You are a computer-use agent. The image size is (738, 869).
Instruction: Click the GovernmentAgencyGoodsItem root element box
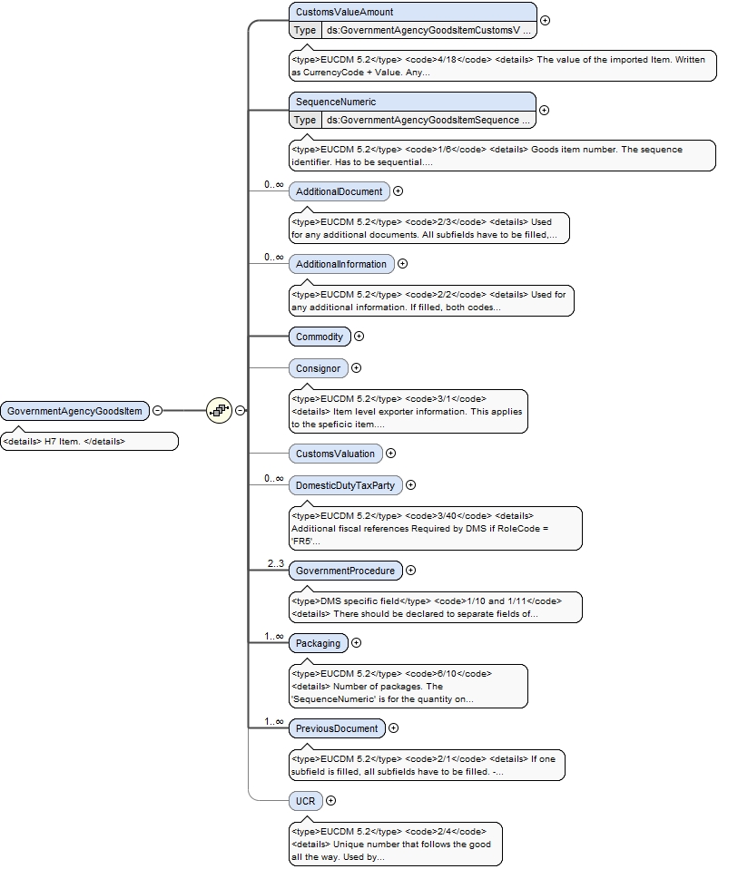click(74, 411)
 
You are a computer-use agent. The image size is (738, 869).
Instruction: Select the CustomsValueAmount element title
click(344, 12)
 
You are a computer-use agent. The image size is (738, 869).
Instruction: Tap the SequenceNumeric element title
click(336, 102)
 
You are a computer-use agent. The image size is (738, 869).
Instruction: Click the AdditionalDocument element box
click(339, 191)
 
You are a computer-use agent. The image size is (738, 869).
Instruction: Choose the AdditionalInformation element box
click(341, 264)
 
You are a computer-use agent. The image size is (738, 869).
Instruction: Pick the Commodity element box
click(320, 337)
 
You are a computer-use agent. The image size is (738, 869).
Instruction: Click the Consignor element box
click(319, 368)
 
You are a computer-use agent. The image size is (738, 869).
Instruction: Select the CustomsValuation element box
click(336, 454)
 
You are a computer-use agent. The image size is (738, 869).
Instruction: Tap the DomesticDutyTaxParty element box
click(346, 485)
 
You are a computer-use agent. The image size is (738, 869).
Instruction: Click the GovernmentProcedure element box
click(346, 571)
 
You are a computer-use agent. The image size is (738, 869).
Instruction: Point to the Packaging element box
click(319, 643)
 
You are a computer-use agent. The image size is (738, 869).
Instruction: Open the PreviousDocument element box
click(337, 728)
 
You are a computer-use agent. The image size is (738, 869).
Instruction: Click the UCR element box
click(306, 801)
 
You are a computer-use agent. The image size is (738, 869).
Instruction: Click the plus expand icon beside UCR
click(331, 801)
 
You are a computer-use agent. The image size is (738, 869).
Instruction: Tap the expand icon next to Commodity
click(359, 337)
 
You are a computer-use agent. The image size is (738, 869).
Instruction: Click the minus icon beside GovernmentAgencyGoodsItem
click(157, 411)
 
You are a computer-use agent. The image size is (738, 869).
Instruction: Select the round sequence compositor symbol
click(219, 411)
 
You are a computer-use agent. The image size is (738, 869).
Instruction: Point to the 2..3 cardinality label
click(276, 563)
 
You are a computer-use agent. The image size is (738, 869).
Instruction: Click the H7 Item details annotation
click(89, 442)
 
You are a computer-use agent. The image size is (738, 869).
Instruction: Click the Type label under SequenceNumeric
click(305, 120)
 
